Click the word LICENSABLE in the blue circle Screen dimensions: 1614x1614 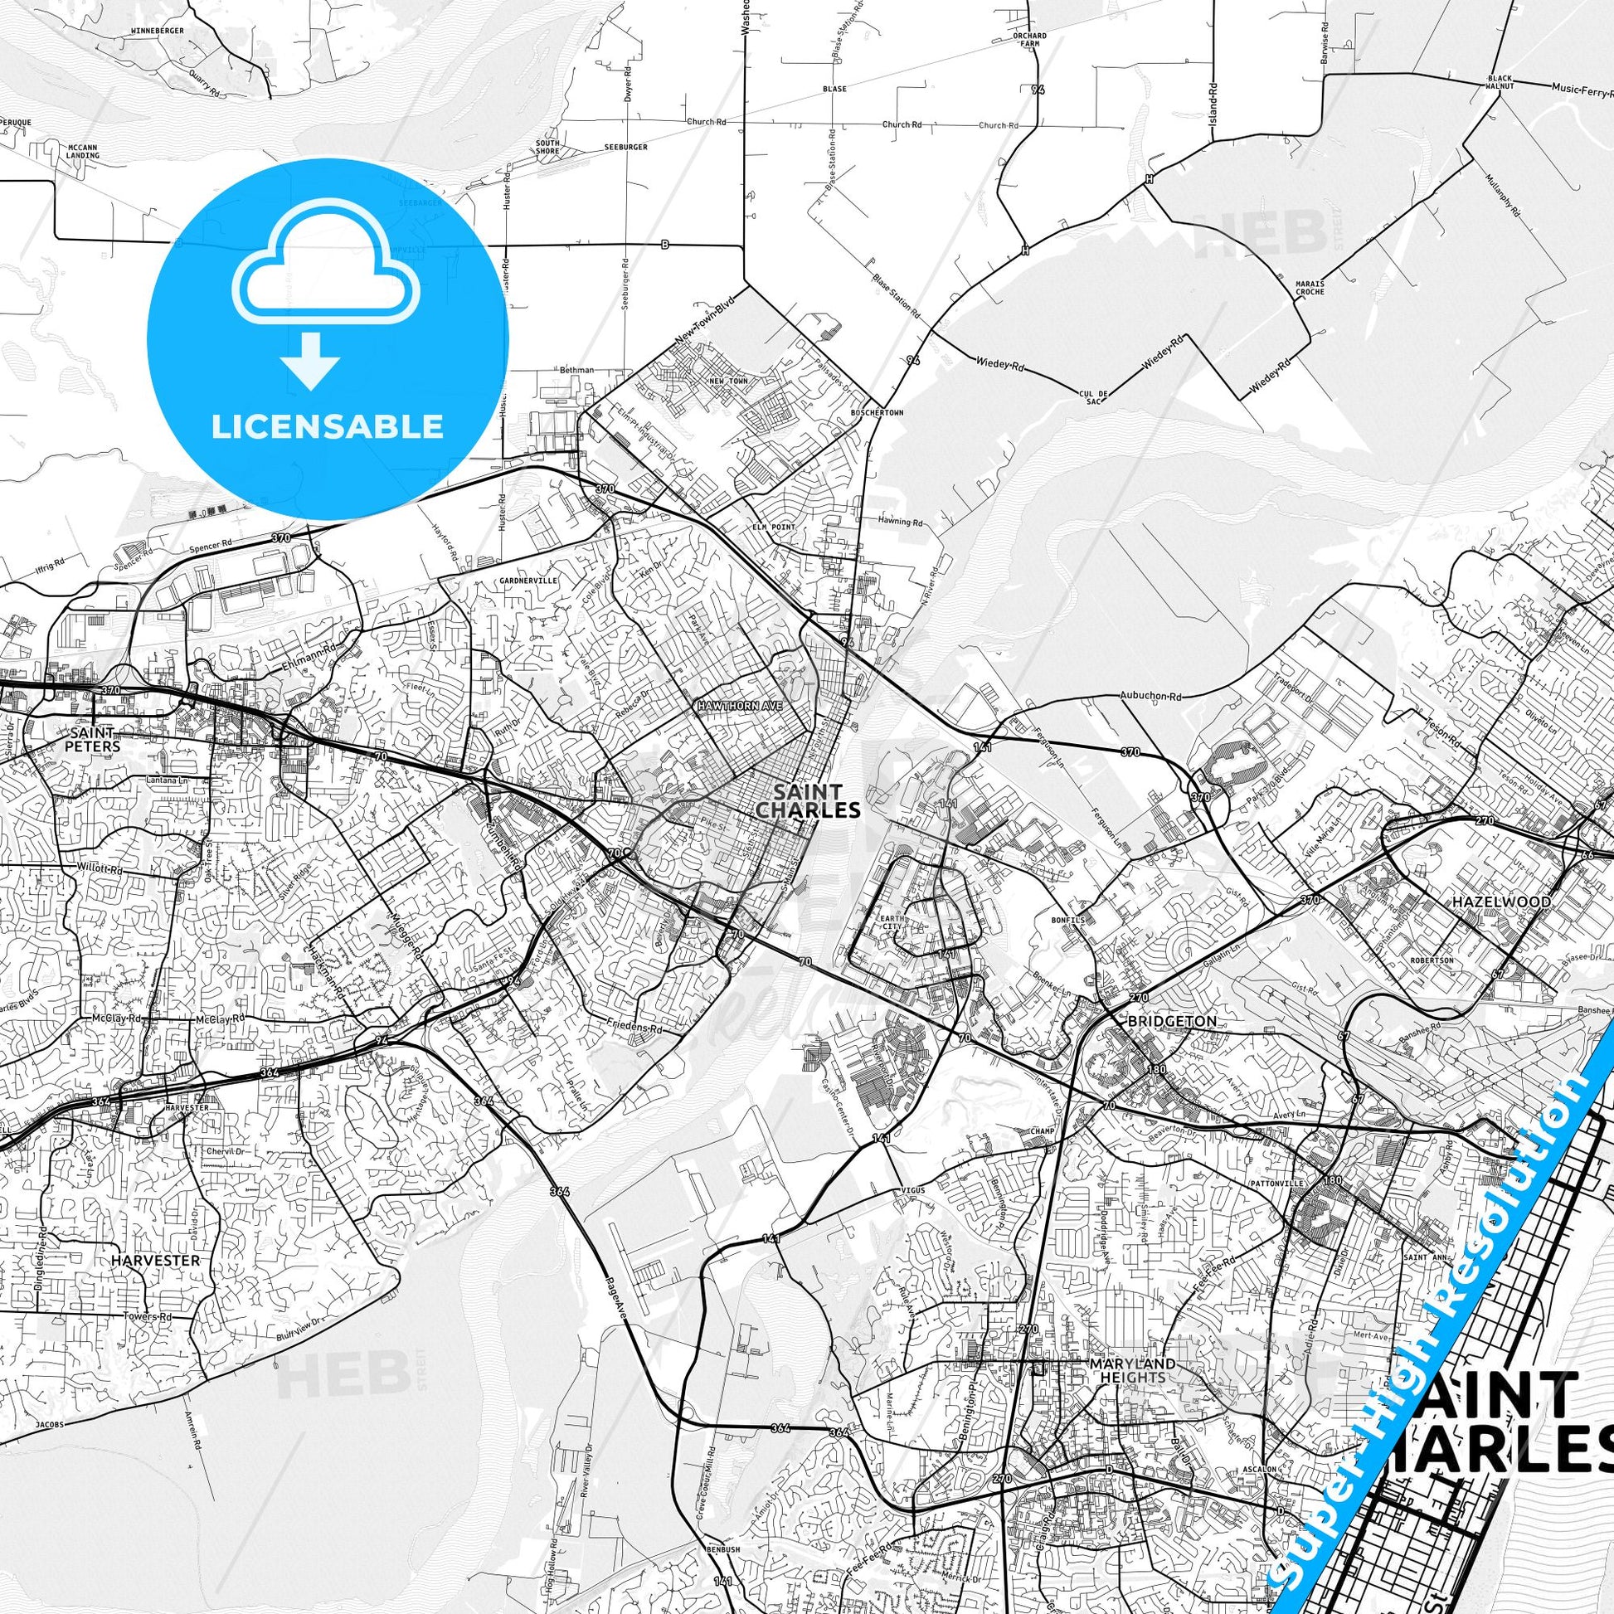pyautogui.click(x=327, y=427)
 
